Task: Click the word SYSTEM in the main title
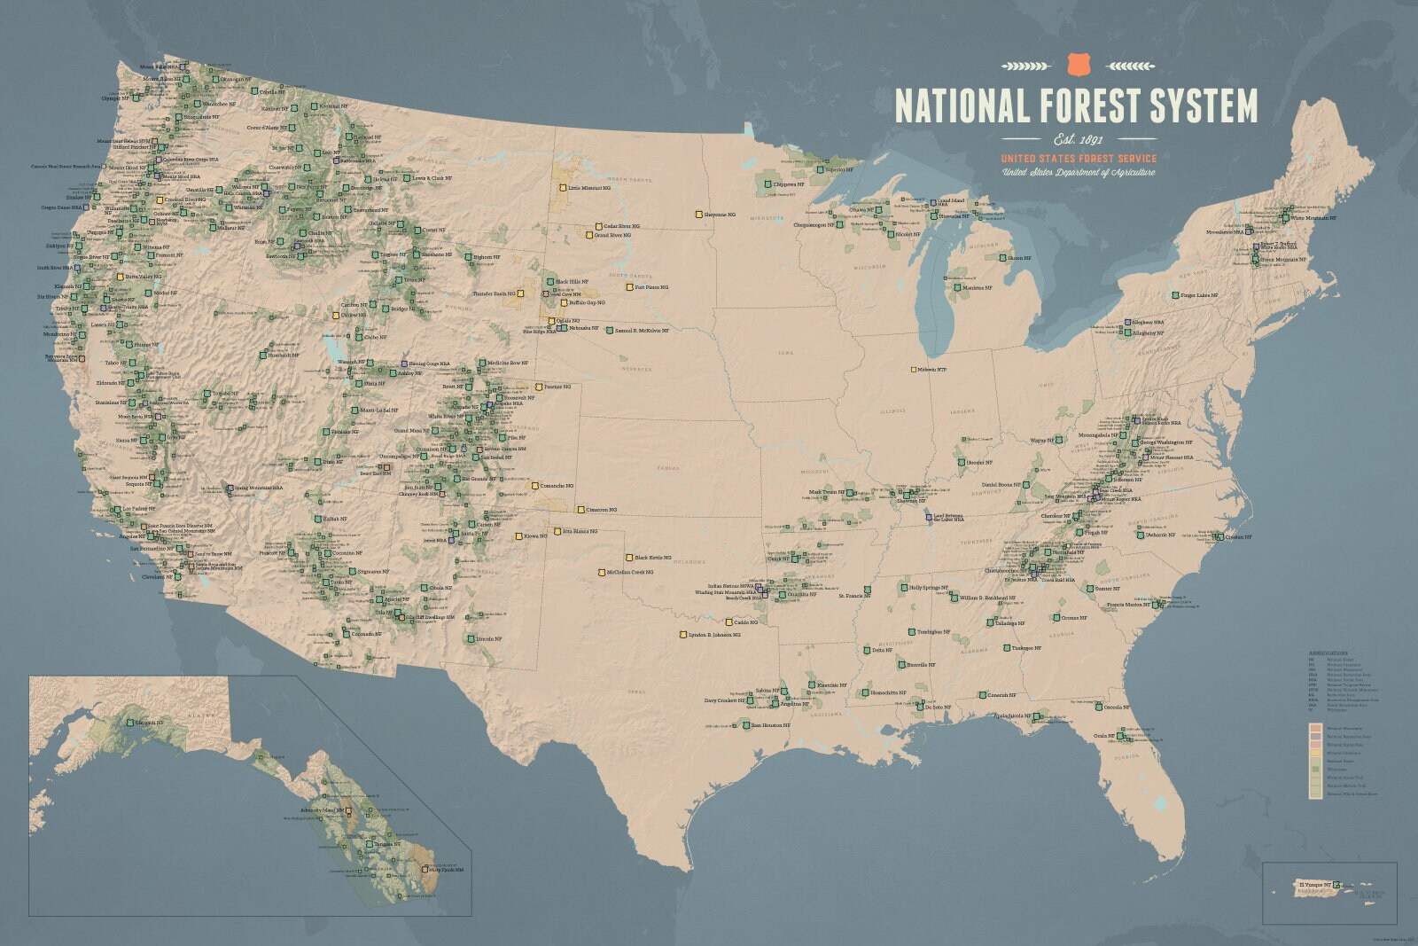coord(1203,106)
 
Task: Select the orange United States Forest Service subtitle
coord(1079,159)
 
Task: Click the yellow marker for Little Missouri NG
coord(562,188)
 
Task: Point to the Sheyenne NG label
coord(721,215)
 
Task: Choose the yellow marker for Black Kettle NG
coord(628,558)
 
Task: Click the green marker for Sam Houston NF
coord(744,725)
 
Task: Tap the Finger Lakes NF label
coord(1199,295)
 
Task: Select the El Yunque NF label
coord(1315,885)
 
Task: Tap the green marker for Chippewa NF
coord(767,184)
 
